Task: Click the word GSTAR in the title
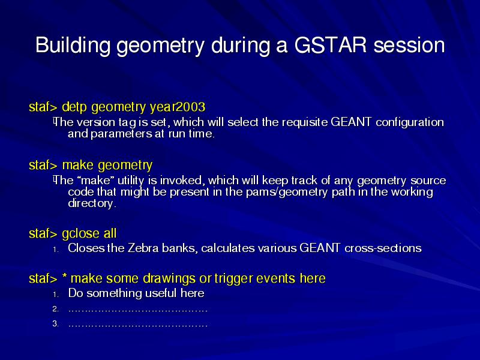point(331,45)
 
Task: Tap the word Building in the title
point(73,46)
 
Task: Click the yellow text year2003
point(178,107)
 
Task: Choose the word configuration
point(410,122)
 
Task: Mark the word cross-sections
point(383,248)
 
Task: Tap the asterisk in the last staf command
point(65,276)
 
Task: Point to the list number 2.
point(55,309)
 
